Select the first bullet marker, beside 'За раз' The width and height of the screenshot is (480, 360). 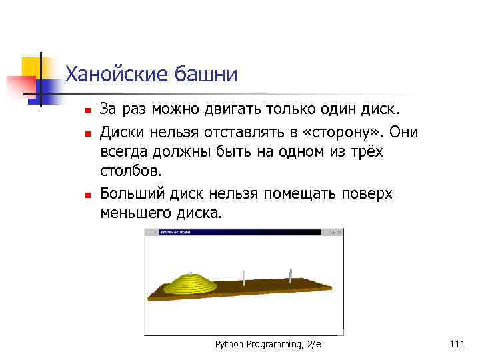point(86,109)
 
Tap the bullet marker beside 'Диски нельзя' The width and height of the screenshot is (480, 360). point(86,133)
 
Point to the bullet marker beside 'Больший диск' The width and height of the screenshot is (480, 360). point(86,195)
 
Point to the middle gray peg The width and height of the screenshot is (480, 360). point(245,276)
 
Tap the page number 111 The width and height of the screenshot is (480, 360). point(457,344)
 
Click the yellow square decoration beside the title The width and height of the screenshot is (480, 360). point(31,67)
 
